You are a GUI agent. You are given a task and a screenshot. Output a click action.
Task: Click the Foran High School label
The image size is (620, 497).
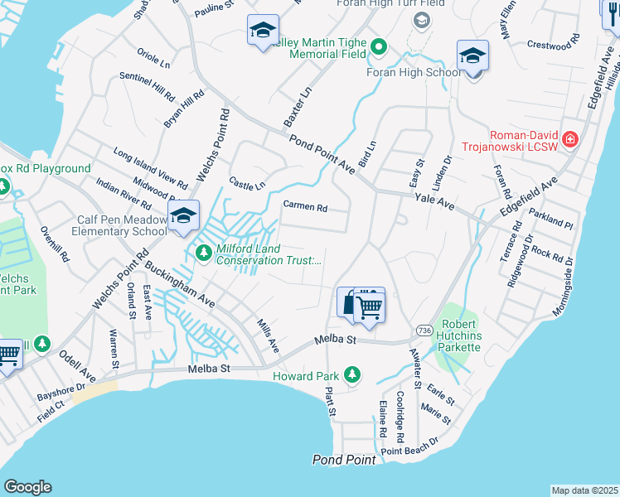[414, 72]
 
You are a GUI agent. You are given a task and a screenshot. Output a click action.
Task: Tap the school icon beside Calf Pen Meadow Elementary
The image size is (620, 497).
[183, 217]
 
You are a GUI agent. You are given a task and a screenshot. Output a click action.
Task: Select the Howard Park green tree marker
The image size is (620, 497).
[352, 375]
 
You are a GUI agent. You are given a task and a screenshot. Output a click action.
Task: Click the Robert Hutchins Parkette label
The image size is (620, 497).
[449, 335]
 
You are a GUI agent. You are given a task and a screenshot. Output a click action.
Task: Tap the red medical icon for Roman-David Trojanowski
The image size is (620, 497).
[569, 138]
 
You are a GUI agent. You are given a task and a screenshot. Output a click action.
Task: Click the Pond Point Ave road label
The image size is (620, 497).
[322, 156]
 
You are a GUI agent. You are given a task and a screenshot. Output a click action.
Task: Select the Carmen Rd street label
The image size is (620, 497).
[305, 206]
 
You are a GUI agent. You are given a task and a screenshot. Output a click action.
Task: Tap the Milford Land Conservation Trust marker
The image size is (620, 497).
[202, 251]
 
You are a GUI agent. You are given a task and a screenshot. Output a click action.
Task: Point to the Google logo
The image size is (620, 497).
[27, 486]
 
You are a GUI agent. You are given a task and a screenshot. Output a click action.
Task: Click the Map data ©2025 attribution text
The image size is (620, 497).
[584, 490]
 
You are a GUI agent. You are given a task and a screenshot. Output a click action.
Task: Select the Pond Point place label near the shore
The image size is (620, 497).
[344, 459]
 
